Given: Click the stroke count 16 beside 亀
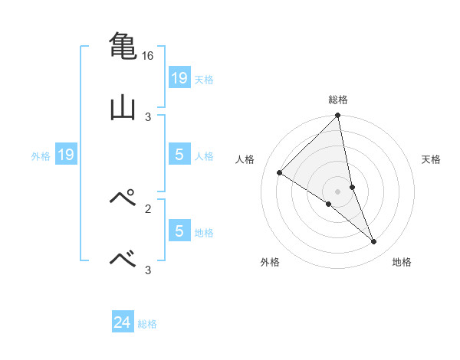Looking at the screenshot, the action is pyautogui.click(x=148, y=56).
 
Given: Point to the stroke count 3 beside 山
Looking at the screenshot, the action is pyautogui.click(x=148, y=116).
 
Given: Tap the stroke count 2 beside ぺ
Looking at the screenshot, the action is pyautogui.click(x=148, y=208).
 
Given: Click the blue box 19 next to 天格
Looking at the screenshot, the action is pyautogui.click(x=179, y=77).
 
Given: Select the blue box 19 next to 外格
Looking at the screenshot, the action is pyautogui.click(x=66, y=155).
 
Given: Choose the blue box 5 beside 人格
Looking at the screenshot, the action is pyautogui.click(x=179, y=155).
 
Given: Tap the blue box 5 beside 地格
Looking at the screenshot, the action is pyautogui.click(x=179, y=231).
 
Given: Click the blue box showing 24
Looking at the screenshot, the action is pyautogui.click(x=123, y=322).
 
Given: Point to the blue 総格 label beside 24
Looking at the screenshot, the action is pyautogui.click(x=148, y=324).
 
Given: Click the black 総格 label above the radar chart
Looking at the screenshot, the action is pyautogui.click(x=338, y=100).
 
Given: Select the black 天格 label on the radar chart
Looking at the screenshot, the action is pyautogui.click(x=432, y=159).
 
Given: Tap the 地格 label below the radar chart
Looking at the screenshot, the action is pyautogui.click(x=402, y=262).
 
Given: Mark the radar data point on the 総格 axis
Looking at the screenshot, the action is pyautogui.click(x=338, y=116).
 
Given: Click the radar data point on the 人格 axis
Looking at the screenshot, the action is pyautogui.click(x=279, y=172).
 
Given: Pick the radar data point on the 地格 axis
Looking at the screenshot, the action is pyautogui.click(x=374, y=242).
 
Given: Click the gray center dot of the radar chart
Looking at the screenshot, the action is pyautogui.click(x=338, y=191).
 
